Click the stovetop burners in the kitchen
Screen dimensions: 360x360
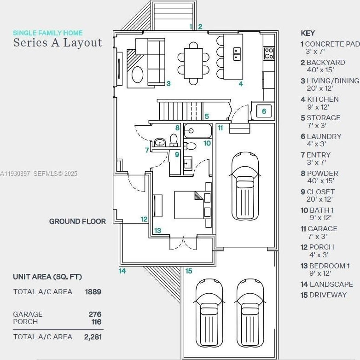pos(269,53)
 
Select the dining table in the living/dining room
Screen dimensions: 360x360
pos(193,64)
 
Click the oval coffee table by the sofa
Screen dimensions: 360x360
pos(138,75)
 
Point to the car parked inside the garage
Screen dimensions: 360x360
pos(245,186)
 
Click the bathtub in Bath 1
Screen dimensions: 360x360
pos(197,131)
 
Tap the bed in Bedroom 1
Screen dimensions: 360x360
pos(189,205)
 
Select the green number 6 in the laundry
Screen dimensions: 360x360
pos(264,111)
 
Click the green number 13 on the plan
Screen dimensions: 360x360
pos(157,230)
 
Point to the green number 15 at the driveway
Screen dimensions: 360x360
pos(188,271)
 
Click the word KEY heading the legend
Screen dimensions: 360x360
pos(308,33)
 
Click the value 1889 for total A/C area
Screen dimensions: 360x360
pos(93,292)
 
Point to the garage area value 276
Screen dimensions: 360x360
pos(95,314)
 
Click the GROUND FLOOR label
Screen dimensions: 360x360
pos(77,221)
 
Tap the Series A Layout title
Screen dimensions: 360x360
pos(58,43)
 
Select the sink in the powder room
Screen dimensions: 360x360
pos(160,142)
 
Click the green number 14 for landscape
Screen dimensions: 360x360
pos(122,271)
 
